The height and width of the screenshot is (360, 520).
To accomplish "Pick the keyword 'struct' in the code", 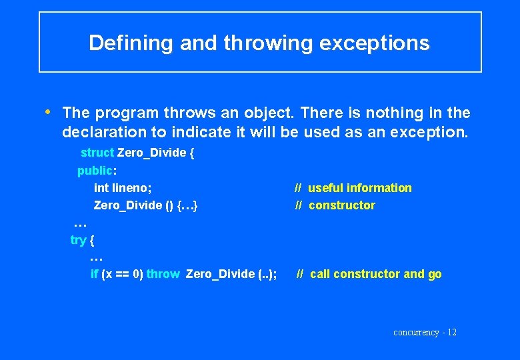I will coord(97,153).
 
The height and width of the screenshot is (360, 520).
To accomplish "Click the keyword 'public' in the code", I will coord(94,171).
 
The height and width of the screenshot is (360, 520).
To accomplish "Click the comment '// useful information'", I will coord(353,188).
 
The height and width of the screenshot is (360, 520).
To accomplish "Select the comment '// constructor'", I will coord(335,205).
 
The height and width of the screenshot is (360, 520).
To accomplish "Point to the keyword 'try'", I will coord(78,240).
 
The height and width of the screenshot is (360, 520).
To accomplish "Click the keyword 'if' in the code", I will coord(94,274).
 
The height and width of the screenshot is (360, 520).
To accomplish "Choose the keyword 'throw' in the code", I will coord(163,274).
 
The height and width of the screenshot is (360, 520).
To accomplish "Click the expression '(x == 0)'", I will coord(122,274).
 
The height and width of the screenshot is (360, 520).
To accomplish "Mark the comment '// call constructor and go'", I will coord(369,274).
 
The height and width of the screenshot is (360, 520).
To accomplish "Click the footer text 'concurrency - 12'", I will coord(425,332).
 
